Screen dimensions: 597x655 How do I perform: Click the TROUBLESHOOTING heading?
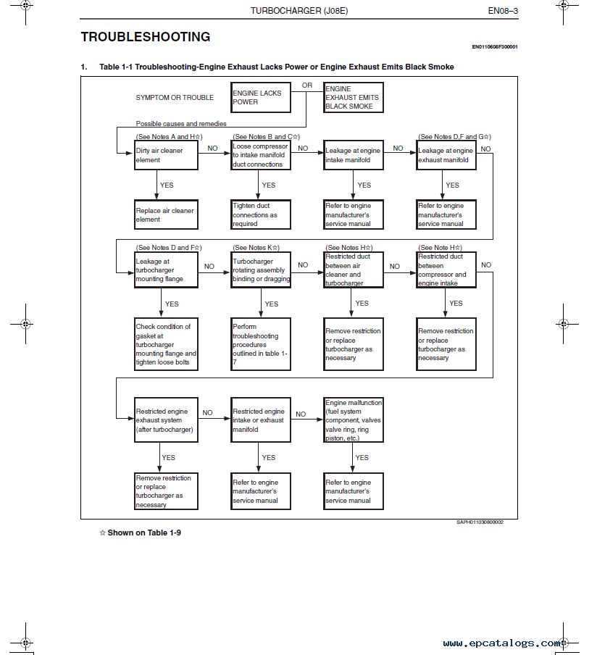(x=146, y=37)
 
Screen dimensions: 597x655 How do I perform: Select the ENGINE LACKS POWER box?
(x=261, y=97)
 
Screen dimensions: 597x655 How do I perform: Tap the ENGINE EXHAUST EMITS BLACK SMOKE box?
(x=354, y=97)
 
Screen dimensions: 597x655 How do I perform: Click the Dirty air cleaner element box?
(x=166, y=155)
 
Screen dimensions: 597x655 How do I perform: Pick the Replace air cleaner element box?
(x=166, y=214)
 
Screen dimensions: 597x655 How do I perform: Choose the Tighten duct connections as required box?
(x=261, y=214)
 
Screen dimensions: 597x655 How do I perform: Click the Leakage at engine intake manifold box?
(x=354, y=155)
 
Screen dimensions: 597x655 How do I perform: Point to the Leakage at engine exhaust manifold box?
(x=446, y=155)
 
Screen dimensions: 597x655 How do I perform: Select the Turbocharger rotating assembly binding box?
(x=261, y=270)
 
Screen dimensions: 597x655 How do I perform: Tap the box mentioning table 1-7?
(x=261, y=344)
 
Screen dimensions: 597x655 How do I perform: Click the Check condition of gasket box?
(x=166, y=344)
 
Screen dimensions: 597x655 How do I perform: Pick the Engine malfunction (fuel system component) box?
(x=354, y=420)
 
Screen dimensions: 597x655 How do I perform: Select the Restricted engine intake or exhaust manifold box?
(x=261, y=420)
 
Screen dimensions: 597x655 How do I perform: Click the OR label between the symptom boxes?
(x=307, y=85)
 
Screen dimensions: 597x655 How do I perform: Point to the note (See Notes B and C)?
(x=266, y=137)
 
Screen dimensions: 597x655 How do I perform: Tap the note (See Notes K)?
(x=256, y=248)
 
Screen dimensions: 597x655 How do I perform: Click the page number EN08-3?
(x=503, y=11)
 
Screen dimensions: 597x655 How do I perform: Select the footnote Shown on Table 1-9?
(x=141, y=533)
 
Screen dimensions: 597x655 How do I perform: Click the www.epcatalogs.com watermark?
(x=502, y=643)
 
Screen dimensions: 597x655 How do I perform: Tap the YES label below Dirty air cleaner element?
(x=167, y=185)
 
